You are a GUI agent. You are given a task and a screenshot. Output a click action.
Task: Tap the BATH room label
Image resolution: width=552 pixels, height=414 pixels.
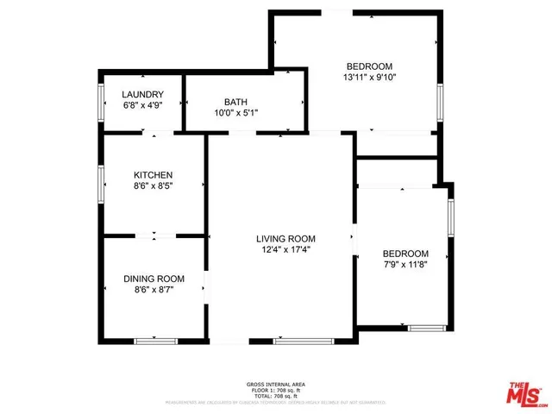click(x=235, y=101)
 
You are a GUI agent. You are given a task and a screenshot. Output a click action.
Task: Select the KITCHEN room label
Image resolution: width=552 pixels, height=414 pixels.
click(x=153, y=174)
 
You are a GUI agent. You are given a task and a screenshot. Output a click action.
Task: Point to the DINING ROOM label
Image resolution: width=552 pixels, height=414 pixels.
click(x=154, y=279)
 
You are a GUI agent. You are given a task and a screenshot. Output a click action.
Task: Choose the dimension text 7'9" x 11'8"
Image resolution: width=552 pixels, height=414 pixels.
click(x=405, y=265)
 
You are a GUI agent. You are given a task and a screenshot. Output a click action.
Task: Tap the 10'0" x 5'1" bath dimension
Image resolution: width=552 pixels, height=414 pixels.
click(x=235, y=111)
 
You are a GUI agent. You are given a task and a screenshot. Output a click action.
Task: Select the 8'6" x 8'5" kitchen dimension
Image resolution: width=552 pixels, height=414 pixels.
click(x=153, y=185)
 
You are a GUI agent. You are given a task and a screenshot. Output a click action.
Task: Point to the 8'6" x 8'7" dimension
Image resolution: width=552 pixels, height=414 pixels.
click(x=154, y=290)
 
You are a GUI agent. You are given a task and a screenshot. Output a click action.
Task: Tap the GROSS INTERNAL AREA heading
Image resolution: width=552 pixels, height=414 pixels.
click(x=275, y=384)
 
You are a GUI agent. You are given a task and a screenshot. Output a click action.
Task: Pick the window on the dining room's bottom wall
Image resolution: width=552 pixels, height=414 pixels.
click(x=155, y=342)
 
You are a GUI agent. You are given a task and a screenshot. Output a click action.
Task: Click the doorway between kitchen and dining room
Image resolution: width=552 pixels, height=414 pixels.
click(x=154, y=235)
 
